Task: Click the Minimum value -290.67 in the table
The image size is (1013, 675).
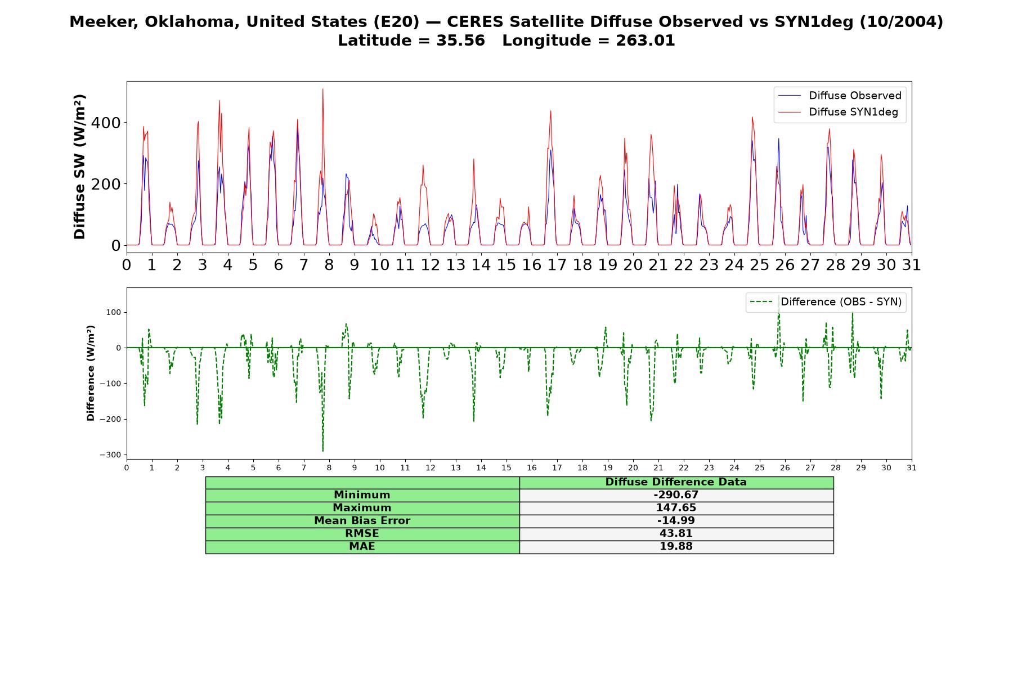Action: click(x=676, y=495)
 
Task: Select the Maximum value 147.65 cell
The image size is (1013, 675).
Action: click(x=676, y=508)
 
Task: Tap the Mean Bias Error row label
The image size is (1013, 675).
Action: click(x=362, y=521)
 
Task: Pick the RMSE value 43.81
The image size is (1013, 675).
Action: click(x=676, y=534)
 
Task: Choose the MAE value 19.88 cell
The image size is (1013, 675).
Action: click(x=676, y=547)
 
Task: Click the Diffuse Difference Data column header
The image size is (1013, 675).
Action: click(x=676, y=482)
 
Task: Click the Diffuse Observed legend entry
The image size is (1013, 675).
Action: click(x=840, y=96)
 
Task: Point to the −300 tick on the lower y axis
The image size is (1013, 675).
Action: click(x=110, y=454)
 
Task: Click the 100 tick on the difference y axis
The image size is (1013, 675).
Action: click(x=114, y=312)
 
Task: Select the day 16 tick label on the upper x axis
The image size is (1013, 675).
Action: click(x=532, y=265)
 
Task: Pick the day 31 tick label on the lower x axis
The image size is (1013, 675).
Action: click(x=912, y=467)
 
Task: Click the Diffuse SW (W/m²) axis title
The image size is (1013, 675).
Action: click(x=80, y=167)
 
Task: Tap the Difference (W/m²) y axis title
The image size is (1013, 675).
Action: click(x=91, y=373)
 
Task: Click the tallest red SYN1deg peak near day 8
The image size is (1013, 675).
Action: click(x=323, y=89)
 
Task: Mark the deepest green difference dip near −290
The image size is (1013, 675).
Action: click(x=323, y=451)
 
